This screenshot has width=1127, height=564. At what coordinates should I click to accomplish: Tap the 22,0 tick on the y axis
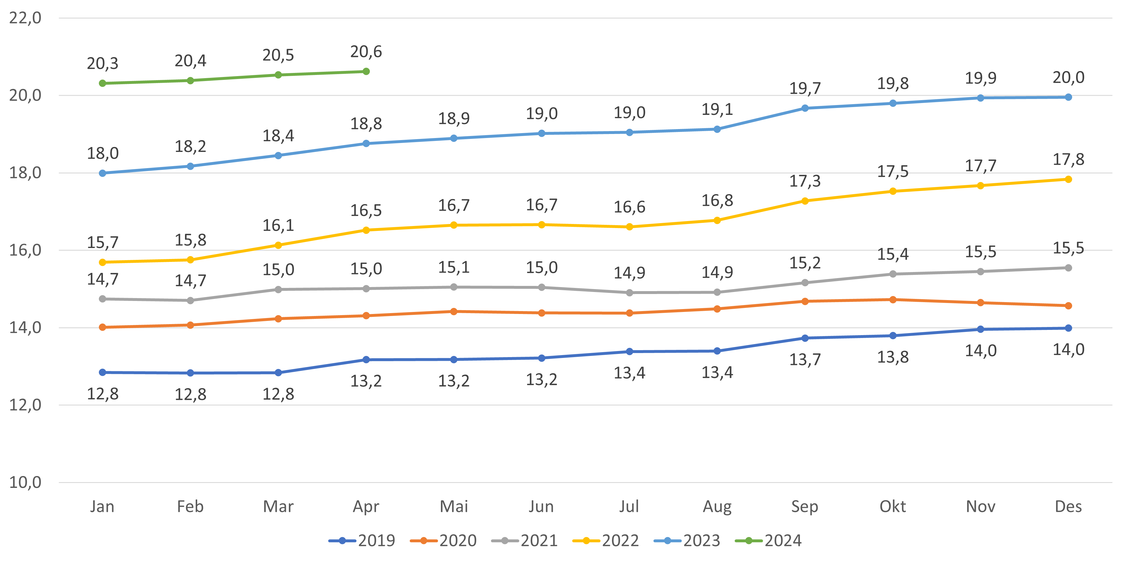(x=25, y=18)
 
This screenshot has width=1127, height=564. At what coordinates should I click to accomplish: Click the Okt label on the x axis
(x=893, y=507)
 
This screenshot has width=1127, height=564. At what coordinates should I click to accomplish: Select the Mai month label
(x=454, y=507)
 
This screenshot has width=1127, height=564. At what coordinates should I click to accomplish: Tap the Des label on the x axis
(x=1068, y=507)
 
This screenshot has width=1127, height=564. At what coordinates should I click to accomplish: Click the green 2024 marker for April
(x=366, y=71)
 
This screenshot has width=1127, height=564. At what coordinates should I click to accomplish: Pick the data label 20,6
(x=366, y=52)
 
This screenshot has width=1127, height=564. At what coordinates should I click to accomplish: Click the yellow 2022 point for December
(x=1068, y=179)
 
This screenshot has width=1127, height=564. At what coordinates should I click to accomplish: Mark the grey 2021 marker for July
(x=629, y=293)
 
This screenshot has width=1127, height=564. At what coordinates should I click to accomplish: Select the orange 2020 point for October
(x=893, y=300)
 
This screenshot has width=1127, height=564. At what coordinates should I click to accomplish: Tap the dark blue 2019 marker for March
(x=278, y=373)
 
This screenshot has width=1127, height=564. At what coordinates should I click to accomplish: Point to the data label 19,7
(x=805, y=89)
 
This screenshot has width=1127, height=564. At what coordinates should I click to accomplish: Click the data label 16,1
(x=278, y=225)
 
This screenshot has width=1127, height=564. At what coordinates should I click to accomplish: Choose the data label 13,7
(x=805, y=359)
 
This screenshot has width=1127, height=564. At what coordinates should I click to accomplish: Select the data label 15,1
(x=454, y=267)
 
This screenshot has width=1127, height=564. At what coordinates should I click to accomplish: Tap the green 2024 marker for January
(x=102, y=83)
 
